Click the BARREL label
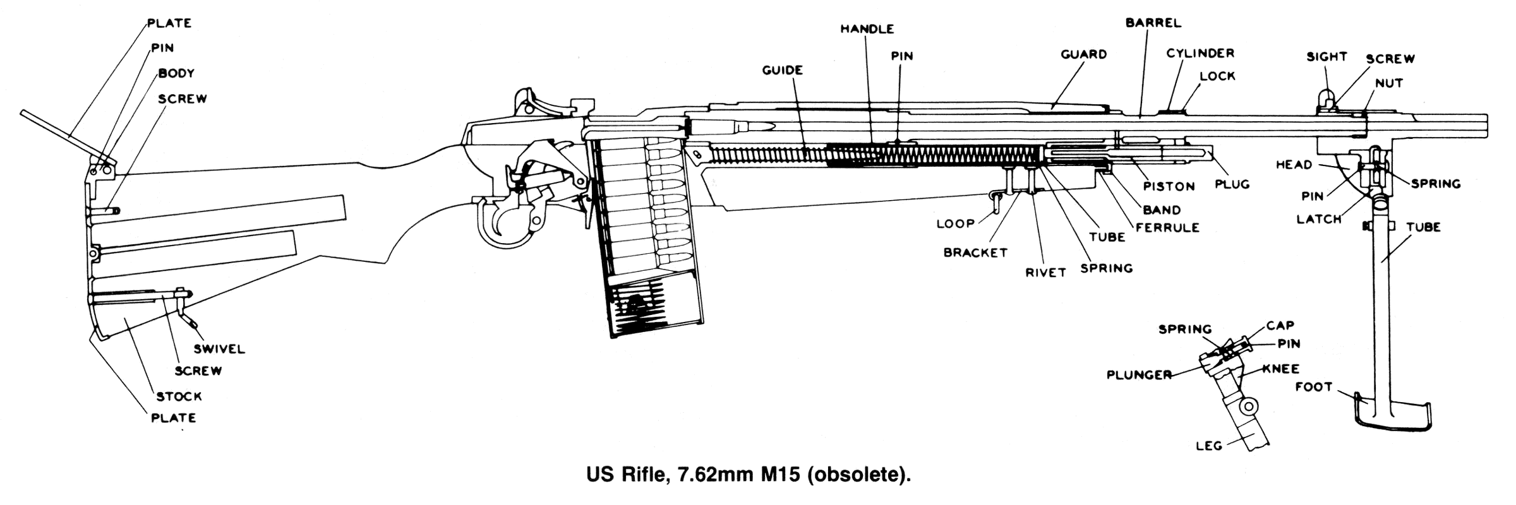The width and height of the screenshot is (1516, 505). point(1153,23)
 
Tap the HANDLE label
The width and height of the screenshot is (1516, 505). point(867,29)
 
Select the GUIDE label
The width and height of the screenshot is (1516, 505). point(782,70)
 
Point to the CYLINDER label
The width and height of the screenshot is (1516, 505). point(1200,54)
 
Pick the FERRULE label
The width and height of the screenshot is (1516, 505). point(1167,227)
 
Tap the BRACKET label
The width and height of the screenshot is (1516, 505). point(975,252)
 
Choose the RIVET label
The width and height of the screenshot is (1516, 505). point(1045,273)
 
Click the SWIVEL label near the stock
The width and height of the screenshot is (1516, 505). point(219,349)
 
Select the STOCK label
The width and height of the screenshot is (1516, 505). point(179,396)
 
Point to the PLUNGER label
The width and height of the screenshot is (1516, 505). point(1139,375)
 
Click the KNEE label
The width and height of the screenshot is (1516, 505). point(1281,369)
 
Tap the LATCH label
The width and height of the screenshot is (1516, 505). point(1319,219)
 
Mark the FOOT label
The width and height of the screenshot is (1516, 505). point(1314,387)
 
